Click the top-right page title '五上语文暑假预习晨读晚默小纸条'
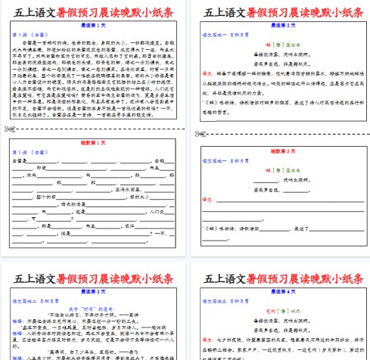pyautogui.click(x=279, y=12)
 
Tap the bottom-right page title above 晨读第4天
pyautogui.click(x=279, y=275)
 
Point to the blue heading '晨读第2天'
pyautogui.click(x=278, y=25)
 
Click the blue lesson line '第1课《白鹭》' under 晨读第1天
pyautogui.click(x=27, y=35)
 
